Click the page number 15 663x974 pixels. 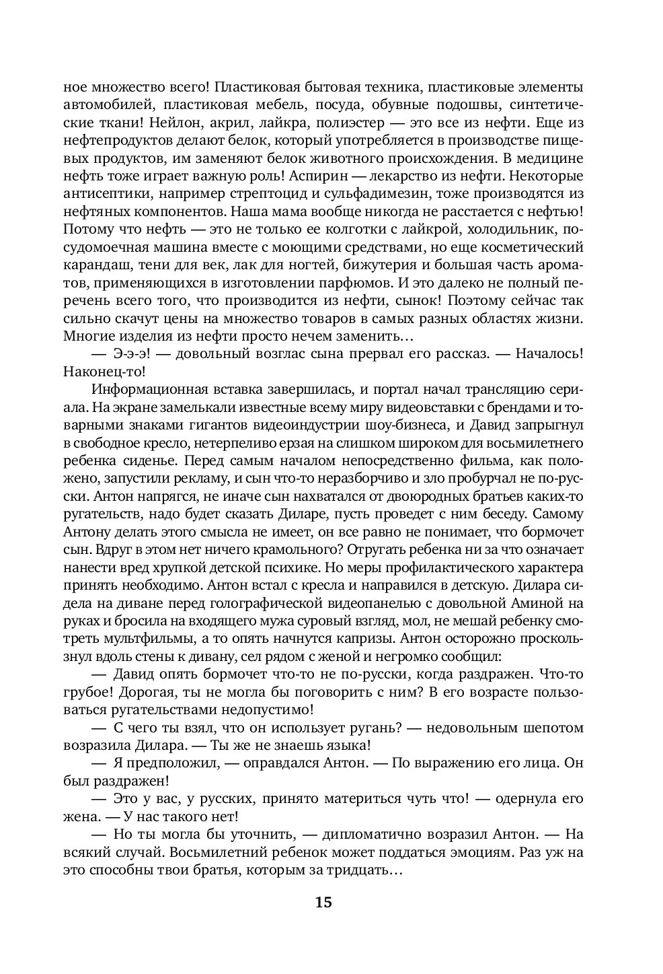(x=323, y=903)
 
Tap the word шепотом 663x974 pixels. (x=555, y=727)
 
